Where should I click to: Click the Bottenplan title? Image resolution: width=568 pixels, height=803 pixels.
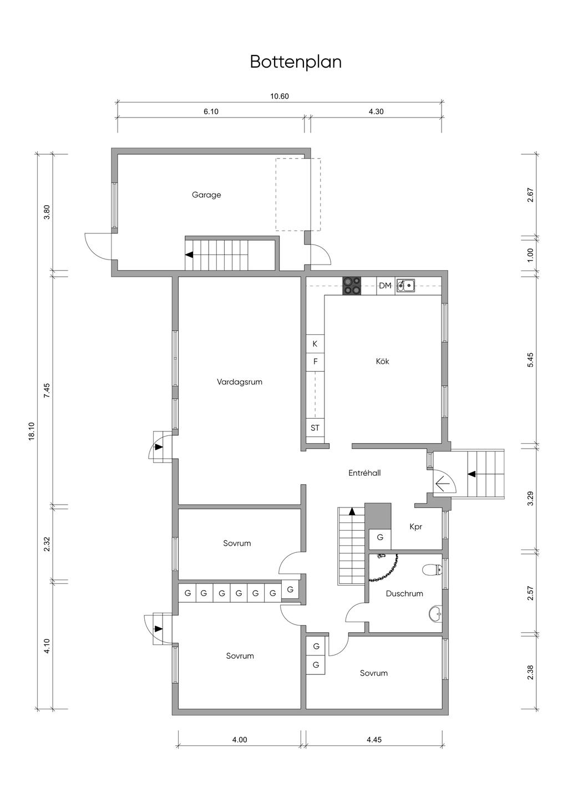click(295, 62)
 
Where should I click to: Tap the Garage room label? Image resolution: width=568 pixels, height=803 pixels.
click(206, 195)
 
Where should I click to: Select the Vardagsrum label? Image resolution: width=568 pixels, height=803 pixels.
click(240, 382)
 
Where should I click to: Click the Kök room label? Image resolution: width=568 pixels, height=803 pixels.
click(382, 361)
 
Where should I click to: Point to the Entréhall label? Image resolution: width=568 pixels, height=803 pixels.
click(364, 473)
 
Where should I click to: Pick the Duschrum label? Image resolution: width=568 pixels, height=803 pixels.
click(404, 593)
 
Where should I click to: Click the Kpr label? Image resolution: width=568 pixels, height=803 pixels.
click(415, 526)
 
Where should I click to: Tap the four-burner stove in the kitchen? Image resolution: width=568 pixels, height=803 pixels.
click(352, 285)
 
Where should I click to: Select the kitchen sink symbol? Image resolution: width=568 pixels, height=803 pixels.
click(406, 285)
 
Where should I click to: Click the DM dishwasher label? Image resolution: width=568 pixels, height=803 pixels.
click(385, 286)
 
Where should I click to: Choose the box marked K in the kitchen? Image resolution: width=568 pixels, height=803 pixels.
click(315, 344)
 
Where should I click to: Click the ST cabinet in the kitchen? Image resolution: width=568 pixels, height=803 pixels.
click(315, 428)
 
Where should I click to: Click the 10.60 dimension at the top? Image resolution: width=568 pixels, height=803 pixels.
click(280, 96)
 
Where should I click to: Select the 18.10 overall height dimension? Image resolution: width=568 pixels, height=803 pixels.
click(31, 431)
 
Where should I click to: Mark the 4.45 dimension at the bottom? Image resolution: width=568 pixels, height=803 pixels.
click(374, 739)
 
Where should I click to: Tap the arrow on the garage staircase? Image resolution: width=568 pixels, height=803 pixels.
click(190, 255)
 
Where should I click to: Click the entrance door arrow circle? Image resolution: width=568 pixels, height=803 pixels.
click(443, 484)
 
